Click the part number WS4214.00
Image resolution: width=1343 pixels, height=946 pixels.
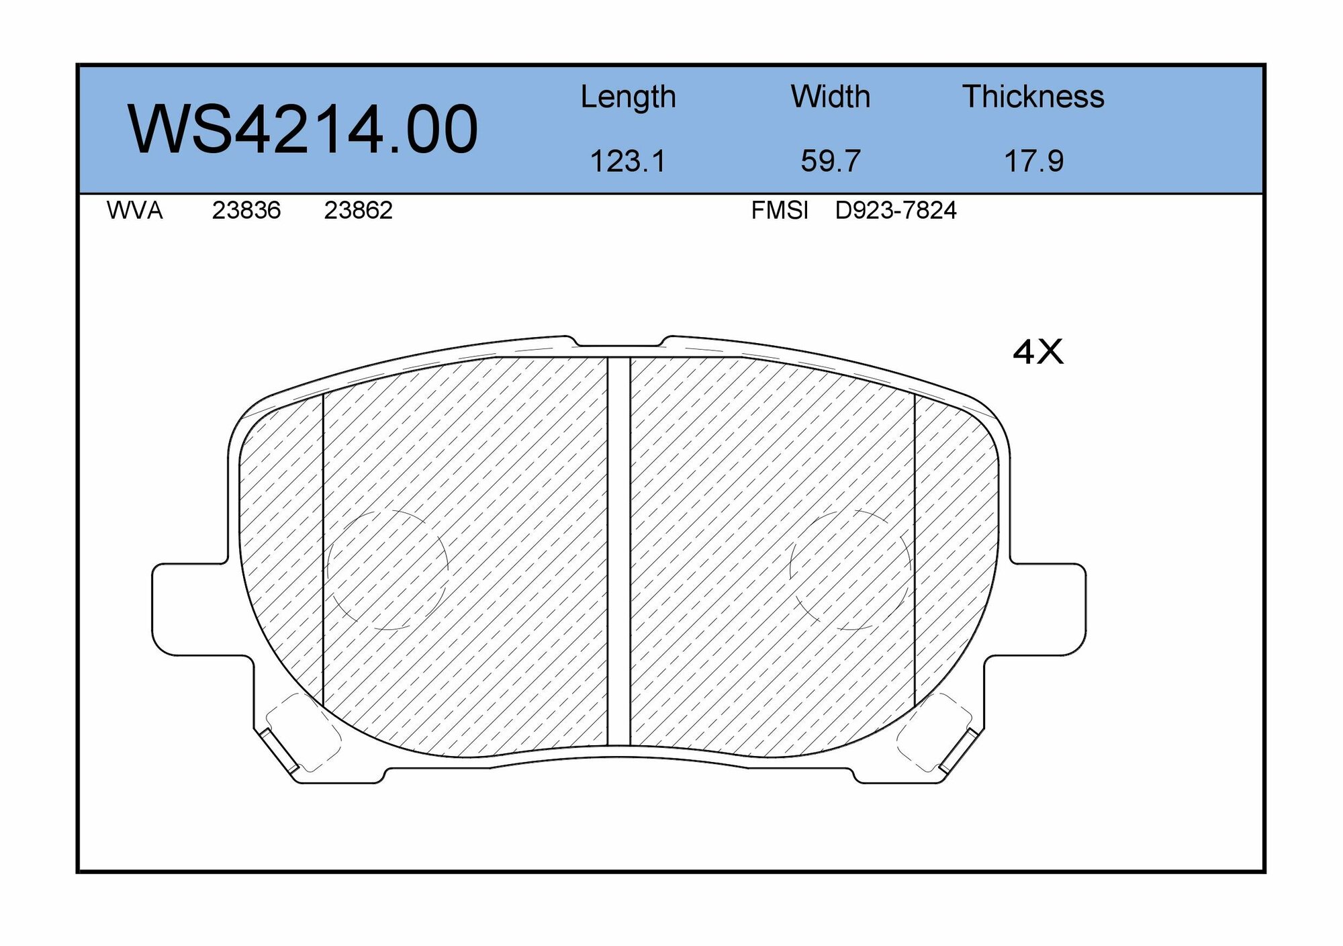pyautogui.click(x=302, y=130)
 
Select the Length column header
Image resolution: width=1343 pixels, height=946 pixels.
pyautogui.click(x=628, y=97)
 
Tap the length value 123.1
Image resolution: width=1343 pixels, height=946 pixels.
pyautogui.click(x=627, y=162)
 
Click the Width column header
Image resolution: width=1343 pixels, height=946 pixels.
pyautogui.click(x=830, y=97)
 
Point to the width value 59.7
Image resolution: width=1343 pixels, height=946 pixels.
pyautogui.click(x=830, y=162)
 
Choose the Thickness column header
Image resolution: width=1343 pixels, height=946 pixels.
pyautogui.click(x=1033, y=97)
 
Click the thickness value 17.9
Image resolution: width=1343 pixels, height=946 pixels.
pyautogui.click(x=1033, y=162)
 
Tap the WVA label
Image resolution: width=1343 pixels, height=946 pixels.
pyautogui.click(x=134, y=211)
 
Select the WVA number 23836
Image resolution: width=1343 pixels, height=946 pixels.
pyautogui.click(x=246, y=211)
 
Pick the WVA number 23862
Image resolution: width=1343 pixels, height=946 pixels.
pyautogui.click(x=358, y=211)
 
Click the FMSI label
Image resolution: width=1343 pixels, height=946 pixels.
pyautogui.click(x=779, y=211)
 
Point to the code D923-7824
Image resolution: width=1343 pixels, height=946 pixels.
pyautogui.click(x=895, y=211)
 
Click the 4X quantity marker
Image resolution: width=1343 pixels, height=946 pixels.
pyautogui.click(x=1037, y=352)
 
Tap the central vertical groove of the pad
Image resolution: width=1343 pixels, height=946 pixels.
pyautogui.click(x=618, y=551)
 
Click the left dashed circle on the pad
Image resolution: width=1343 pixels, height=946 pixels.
pyautogui.click(x=387, y=569)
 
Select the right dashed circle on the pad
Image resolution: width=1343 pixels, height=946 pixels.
pyautogui.click(x=851, y=569)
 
